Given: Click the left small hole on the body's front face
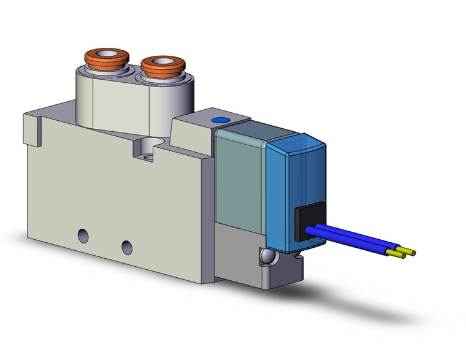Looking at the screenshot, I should click(83, 234).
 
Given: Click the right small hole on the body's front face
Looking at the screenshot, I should click(127, 247).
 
